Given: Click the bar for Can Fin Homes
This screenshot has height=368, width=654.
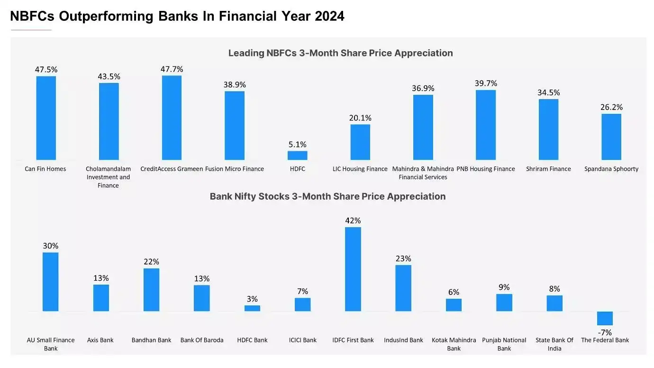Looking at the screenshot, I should click(x=46, y=118).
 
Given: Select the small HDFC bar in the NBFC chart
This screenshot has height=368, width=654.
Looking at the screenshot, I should click(x=297, y=156).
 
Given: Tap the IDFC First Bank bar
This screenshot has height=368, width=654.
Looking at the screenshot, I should click(x=353, y=269).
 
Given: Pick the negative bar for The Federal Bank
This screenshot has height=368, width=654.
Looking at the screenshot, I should click(x=605, y=318).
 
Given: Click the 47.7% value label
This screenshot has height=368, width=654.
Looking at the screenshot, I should click(x=172, y=69).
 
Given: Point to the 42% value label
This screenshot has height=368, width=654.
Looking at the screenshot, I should click(x=353, y=221).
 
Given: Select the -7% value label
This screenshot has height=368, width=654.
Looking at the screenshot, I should click(x=605, y=332).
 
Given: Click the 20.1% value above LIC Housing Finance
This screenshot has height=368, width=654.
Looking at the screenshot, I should click(x=360, y=118).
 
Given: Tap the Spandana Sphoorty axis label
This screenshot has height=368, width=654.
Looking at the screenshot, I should click(x=611, y=169).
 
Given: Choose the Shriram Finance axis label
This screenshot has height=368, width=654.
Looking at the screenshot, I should click(x=548, y=169).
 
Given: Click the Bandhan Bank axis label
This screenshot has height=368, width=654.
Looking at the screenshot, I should click(x=151, y=340).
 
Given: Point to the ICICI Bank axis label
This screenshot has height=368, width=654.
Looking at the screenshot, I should click(x=303, y=340).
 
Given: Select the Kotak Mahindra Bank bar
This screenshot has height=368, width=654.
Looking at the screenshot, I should click(x=454, y=305).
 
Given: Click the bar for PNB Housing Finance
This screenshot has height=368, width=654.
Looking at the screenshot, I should click(x=486, y=125).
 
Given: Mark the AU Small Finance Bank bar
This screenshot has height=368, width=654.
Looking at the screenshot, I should click(x=51, y=282).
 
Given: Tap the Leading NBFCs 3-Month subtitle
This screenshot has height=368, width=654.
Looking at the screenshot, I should click(x=340, y=53).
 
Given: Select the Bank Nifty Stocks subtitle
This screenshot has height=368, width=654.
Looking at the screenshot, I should click(x=327, y=196).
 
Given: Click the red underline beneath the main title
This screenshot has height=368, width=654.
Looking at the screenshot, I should click(x=31, y=30).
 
